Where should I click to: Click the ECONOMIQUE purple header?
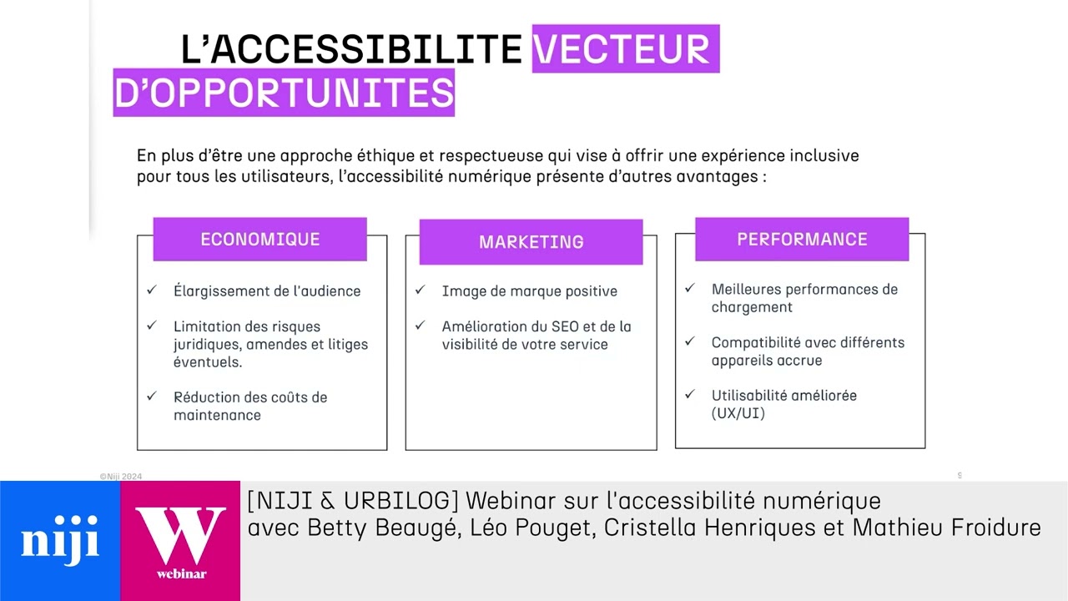coord(259,240)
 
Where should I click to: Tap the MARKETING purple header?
coord(531,242)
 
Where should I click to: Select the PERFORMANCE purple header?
coord(802,240)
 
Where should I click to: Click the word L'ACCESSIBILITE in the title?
coord(351,49)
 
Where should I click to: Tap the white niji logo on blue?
coord(60,538)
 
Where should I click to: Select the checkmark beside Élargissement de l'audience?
coord(152,290)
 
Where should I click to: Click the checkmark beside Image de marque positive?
coord(421,290)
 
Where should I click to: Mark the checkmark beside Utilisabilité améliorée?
coord(690,394)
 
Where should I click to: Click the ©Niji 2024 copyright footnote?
coord(121,477)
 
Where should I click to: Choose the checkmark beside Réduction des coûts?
coord(152,396)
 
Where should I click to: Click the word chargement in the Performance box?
coord(752,307)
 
